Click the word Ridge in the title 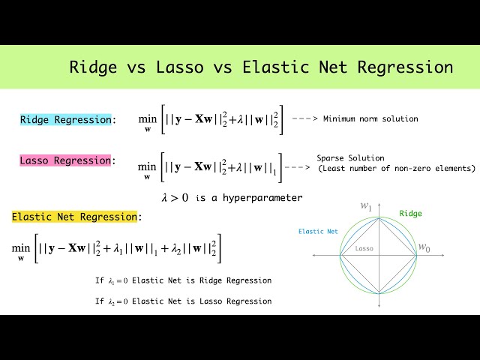pos(94,67)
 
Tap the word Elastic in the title pos(274,67)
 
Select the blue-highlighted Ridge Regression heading pos(65,119)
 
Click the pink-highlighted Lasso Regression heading pos(65,160)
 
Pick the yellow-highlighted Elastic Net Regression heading pos(74,217)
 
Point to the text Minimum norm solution pos(370,118)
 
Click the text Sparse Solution pos(350,158)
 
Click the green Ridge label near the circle pos(410,214)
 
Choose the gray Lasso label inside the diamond pos(364,248)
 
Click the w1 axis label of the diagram pos(367,205)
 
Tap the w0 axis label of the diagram pos(424,247)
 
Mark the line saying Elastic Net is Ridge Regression pos(183,280)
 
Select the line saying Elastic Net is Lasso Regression pos(183,301)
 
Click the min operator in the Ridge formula pos(147,119)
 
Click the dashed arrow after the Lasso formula pos(298,167)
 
